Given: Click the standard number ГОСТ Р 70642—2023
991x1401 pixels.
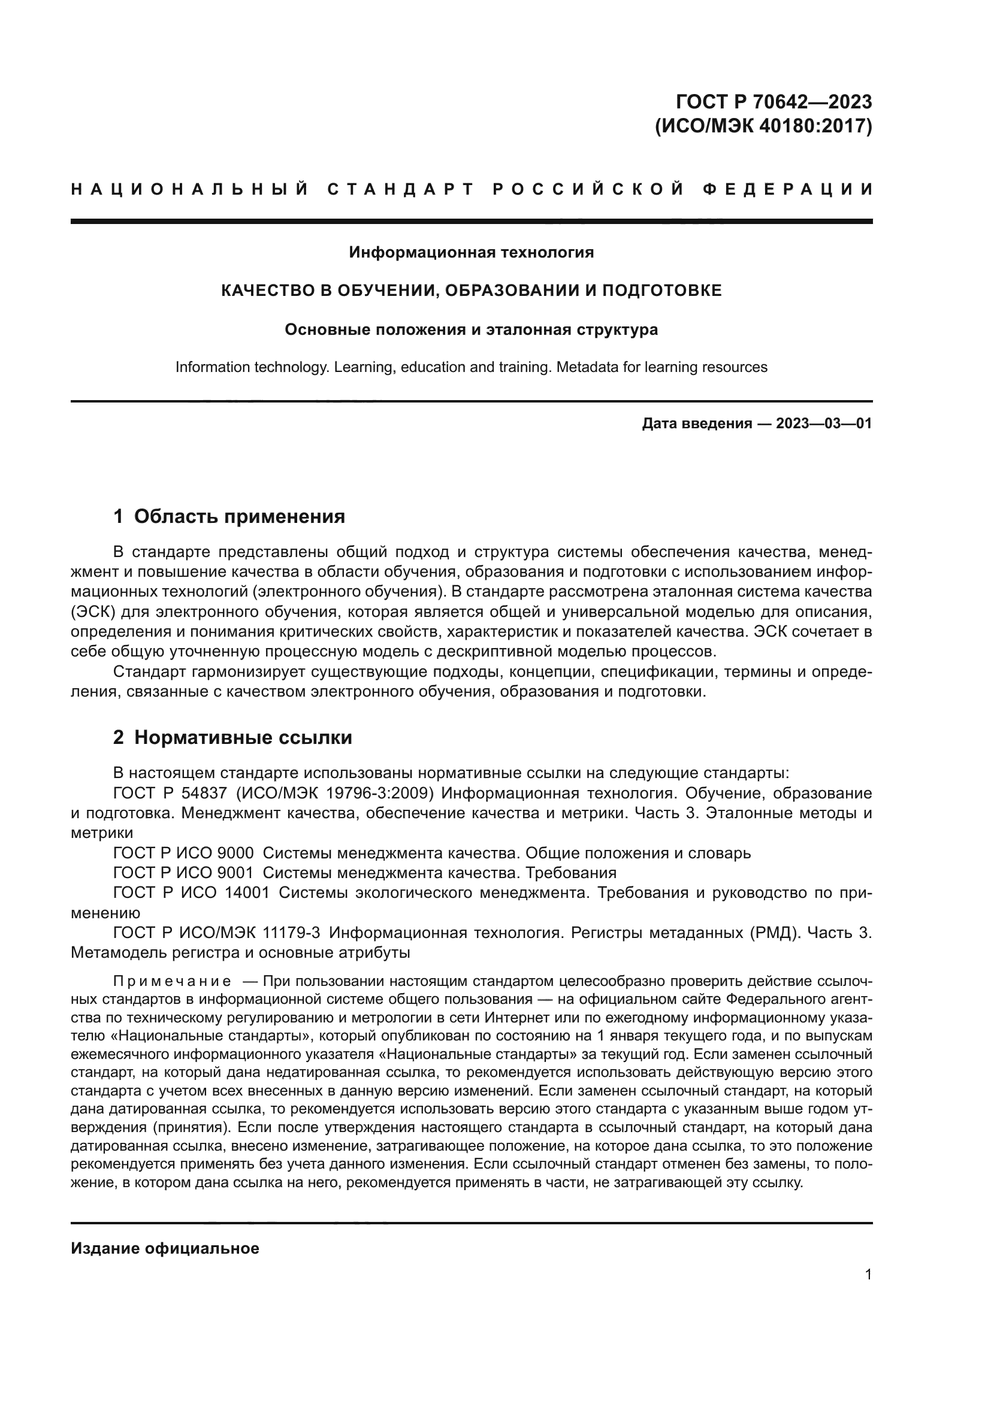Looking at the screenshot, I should point(774,101).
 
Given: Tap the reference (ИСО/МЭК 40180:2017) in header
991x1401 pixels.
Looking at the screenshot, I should point(763,126).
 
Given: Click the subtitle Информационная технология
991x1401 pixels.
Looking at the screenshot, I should point(471,252).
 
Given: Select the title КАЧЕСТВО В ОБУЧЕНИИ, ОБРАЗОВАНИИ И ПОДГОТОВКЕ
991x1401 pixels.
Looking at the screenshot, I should point(471,291).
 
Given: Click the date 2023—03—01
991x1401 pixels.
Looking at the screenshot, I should point(824,423).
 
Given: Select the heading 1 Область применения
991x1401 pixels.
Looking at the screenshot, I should point(229,517).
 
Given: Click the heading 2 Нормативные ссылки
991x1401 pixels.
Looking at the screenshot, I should point(232,738).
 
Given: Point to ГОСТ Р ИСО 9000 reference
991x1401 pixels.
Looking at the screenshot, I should point(183,853).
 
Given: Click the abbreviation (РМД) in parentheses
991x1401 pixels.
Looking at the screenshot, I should point(773,933).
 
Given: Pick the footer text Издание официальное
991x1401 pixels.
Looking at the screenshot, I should point(165,1248).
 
